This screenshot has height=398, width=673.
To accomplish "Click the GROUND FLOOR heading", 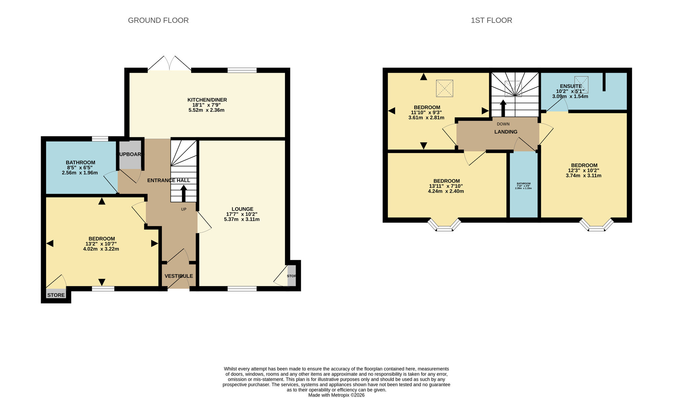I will [x=158, y=20].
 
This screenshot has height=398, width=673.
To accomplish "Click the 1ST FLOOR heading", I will [x=491, y=20].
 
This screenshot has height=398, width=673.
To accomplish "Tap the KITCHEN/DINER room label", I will [x=207, y=100].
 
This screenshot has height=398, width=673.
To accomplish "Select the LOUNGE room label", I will [x=242, y=209].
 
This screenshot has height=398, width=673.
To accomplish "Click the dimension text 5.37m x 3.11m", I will [x=242, y=219].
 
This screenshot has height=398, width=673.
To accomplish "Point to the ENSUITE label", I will [x=571, y=86].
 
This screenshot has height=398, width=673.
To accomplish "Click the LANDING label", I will [x=506, y=132].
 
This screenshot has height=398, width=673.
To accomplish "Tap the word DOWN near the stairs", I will [x=503, y=124].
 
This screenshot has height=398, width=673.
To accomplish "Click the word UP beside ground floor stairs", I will [x=184, y=209].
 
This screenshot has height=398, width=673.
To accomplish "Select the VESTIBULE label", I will [x=179, y=276].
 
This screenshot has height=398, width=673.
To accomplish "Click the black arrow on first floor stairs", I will [x=503, y=108].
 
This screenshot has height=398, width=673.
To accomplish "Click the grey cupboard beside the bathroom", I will [x=130, y=154].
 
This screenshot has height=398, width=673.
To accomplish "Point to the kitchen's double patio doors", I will [x=170, y=64].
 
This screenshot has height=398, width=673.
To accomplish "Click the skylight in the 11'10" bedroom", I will [x=445, y=88].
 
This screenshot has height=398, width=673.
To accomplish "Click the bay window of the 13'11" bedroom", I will [x=444, y=226].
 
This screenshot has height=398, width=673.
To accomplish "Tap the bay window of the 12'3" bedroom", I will [x=596, y=226].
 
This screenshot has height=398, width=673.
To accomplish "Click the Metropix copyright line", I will [x=336, y=395].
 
